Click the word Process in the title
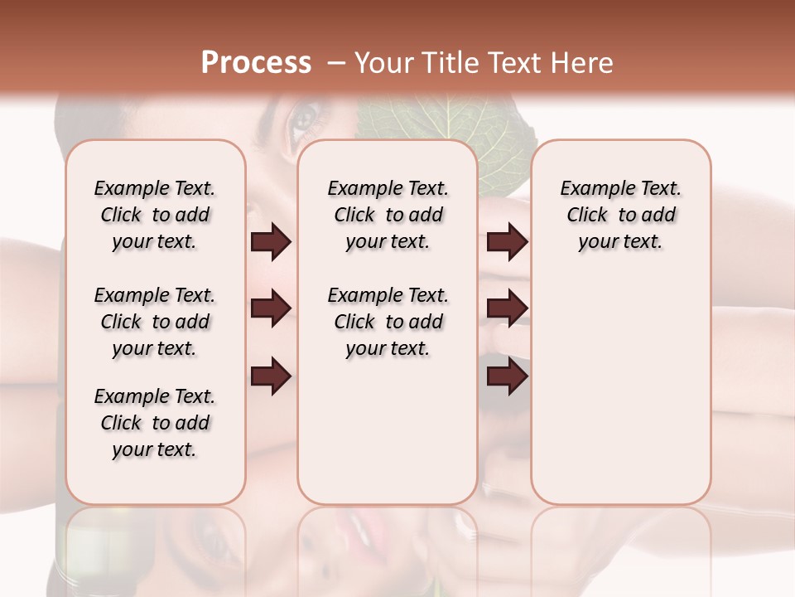[x=256, y=62]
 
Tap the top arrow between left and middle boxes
[x=271, y=242]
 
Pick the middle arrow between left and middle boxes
[x=271, y=308]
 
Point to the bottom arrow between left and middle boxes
[x=271, y=376]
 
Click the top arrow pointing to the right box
[x=507, y=242]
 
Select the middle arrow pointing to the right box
[x=507, y=308]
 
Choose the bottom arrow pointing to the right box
[x=507, y=376]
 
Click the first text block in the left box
[x=155, y=215]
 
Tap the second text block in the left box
[x=155, y=322]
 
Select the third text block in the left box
[x=155, y=423]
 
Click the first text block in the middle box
[x=388, y=215]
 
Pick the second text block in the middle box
[x=388, y=322]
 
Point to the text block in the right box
[x=620, y=215]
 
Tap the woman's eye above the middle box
[x=302, y=123]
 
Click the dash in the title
[x=336, y=62]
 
